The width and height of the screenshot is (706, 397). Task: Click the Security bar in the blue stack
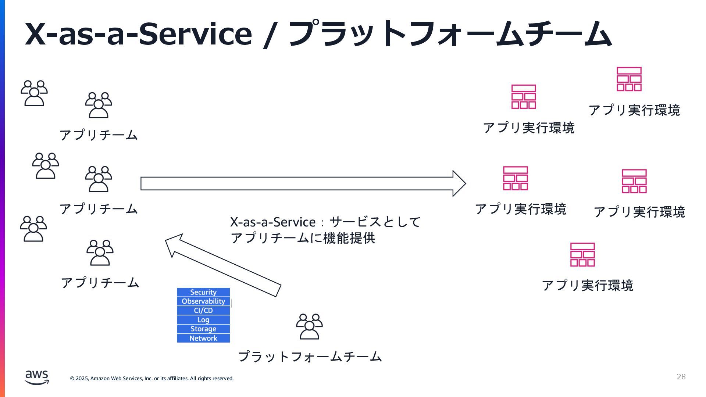tap(203, 292)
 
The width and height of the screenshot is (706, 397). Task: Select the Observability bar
tap(203, 301)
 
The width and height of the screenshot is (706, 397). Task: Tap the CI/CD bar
tap(203, 311)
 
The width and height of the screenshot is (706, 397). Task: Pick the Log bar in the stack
tap(203, 320)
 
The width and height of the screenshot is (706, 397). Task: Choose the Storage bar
tap(203, 329)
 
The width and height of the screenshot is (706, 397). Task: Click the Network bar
tap(203, 338)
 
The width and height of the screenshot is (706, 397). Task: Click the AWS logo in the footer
tap(37, 377)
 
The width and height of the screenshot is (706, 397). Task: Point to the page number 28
tap(681, 376)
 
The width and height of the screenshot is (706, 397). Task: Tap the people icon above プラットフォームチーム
tap(309, 326)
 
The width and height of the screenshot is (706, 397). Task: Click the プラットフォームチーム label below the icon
tap(310, 357)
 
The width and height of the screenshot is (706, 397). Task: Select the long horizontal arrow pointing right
tap(302, 183)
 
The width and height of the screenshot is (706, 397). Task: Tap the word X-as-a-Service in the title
tap(138, 34)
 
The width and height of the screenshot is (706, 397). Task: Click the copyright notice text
tap(152, 378)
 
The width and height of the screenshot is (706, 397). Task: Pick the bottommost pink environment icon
tap(582, 254)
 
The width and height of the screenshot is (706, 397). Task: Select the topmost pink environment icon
tap(629, 79)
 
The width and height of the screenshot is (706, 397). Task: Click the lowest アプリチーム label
tap(100, 283)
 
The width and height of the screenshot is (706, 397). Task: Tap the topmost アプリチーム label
tap(99, 135)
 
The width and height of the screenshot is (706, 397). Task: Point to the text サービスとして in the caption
tap(375, 222)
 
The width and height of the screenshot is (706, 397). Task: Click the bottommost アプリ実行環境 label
tap(588, 286)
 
